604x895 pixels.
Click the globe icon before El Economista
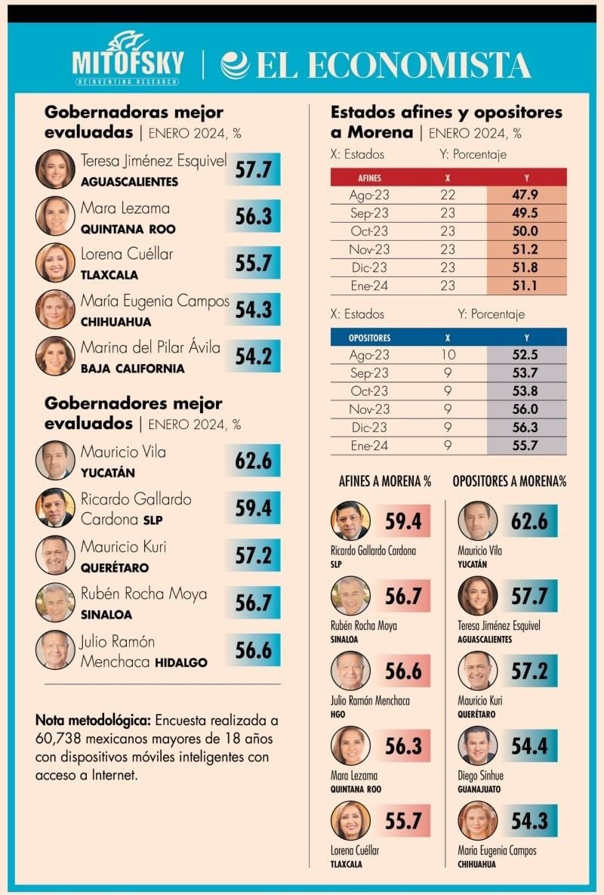click(235, 65)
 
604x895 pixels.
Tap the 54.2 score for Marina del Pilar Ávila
click(253, 356)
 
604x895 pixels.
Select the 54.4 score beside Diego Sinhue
click(529, 747)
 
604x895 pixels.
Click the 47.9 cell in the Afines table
click(526, 195)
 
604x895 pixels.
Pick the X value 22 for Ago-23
click(448, 195)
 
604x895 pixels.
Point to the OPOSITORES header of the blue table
click(369, 338)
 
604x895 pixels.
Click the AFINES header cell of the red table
click(369, 177)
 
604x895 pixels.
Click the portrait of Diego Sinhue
click(478, 745)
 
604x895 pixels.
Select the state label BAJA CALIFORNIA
click(133, 369)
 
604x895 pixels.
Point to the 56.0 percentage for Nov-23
click(526, 409)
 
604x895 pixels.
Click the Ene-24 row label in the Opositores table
click(369, 446)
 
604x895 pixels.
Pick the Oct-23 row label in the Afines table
click(369, 231)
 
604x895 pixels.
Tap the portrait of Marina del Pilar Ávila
click(55, 356)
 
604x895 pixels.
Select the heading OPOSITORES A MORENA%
click(510, 481)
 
